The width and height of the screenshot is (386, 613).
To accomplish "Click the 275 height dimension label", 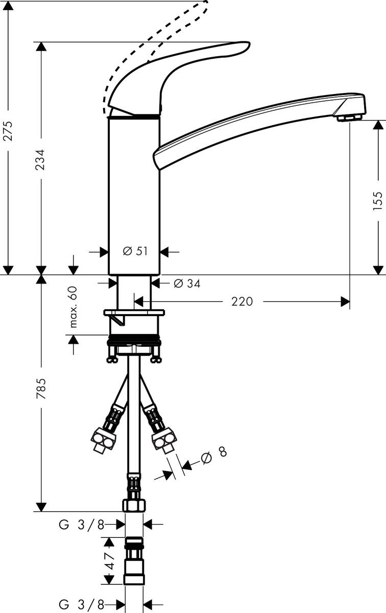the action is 8,131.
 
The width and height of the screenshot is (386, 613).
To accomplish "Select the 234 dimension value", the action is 40,159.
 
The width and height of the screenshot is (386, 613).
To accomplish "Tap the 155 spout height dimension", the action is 377,201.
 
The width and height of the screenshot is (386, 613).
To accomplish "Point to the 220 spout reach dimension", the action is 242,301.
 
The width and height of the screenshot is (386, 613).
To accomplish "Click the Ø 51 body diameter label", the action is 135,251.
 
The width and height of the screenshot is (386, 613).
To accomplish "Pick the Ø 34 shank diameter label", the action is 187,284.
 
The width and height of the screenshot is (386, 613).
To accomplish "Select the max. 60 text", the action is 74,307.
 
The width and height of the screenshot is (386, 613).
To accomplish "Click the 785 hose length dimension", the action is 41,389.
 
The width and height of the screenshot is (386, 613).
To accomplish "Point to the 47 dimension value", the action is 110,560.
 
